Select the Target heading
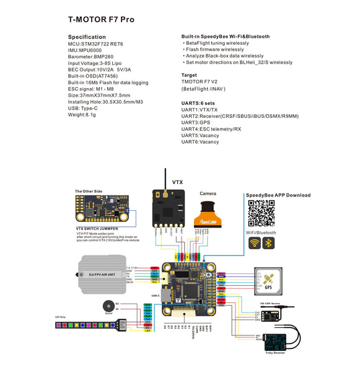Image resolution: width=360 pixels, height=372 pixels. (x=189, y=74)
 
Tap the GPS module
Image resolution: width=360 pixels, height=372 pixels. (x=268, y=281)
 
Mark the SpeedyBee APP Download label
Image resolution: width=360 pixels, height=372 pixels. (x=278, y=195)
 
